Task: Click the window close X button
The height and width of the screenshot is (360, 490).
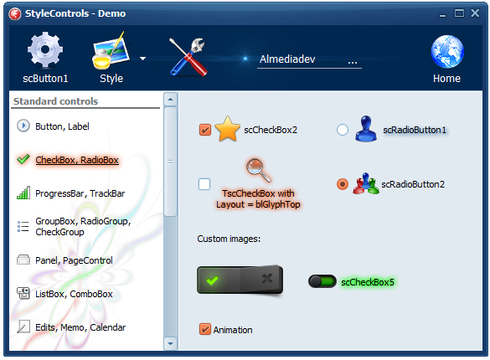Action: [x=475, y=13]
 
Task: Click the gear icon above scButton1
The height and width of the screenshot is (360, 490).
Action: [x=45, y=49]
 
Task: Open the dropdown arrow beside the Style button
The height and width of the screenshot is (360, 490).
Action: [x=143, y=59]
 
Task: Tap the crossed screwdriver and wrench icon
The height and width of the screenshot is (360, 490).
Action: [x=188, y=57]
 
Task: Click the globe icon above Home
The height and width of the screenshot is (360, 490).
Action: [x=447, y=52]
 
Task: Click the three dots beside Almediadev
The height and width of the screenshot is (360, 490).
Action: [x=353, y=63]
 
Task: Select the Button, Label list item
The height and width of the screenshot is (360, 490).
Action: [x=62, y=126]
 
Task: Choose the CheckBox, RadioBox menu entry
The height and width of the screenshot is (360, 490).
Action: [x=77, y=160]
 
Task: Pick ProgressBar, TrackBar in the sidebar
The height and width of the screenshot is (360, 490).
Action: [x=80, y=193]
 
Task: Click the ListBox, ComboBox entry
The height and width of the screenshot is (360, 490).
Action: [x=74, y=294]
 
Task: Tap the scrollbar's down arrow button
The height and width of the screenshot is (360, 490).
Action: [x=170, y=343]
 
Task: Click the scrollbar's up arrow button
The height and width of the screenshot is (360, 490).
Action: [x=170, y=100]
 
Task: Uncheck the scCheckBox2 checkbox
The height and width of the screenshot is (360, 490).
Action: [x=205, y=130]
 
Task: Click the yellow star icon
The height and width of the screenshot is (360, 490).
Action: [x=228, y=129]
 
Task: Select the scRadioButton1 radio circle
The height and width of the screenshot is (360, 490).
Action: [x=343, y=130]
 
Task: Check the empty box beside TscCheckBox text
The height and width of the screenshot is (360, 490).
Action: [x=204, y=184]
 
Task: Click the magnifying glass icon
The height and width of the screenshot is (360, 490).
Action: [x=258, y=170]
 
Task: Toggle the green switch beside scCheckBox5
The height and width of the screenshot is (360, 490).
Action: [x=322, y=281]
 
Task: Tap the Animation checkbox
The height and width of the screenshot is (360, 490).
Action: [x=205, y=329]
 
